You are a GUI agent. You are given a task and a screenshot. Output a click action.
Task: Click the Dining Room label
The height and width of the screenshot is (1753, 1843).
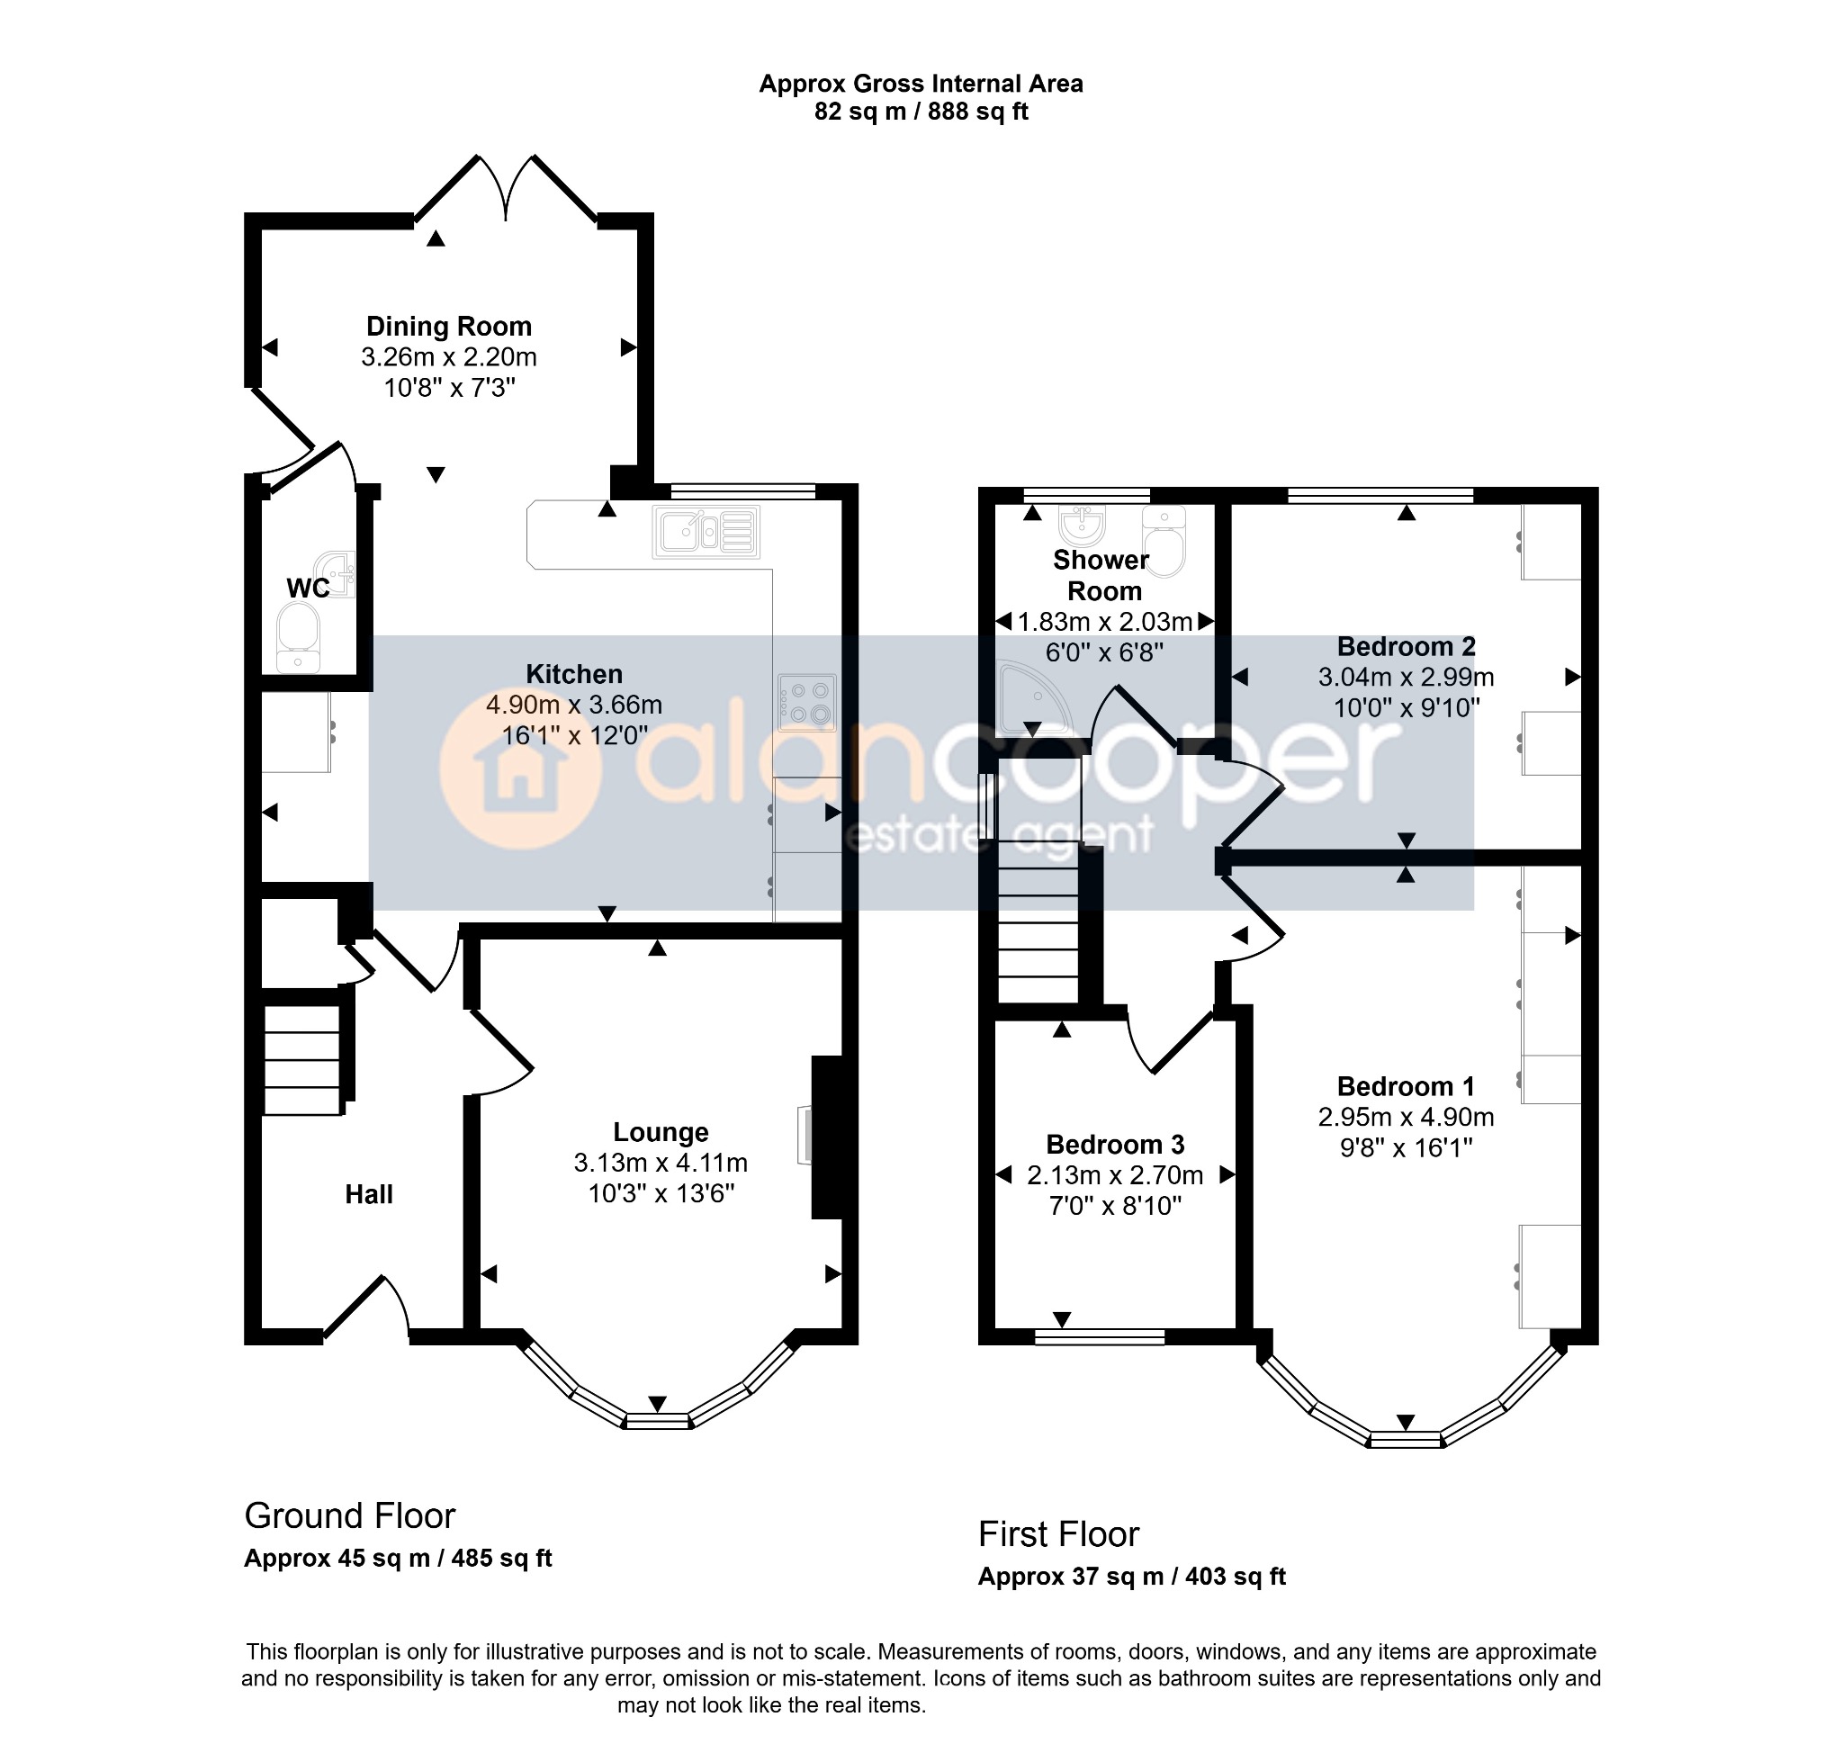coord(448,326)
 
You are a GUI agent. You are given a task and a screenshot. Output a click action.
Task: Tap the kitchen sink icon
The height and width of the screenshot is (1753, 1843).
coord(706,532)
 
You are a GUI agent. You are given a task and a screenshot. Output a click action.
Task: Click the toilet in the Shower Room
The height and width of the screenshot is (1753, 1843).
coord(1164,540)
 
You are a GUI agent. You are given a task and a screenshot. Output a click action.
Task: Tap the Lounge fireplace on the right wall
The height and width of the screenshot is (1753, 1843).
coord(826,1137)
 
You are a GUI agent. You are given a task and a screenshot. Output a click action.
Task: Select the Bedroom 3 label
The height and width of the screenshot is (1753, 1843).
coord(1115,1144)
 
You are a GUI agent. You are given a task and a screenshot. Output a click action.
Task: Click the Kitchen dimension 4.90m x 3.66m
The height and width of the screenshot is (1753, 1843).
coord(574,704)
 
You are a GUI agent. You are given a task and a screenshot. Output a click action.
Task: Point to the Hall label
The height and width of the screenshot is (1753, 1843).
coord(369,1193)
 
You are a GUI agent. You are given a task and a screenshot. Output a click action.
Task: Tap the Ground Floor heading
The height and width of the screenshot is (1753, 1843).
coord(349,1515)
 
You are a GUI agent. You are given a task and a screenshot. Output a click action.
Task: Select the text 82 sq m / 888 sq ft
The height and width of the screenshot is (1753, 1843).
coord(921,112)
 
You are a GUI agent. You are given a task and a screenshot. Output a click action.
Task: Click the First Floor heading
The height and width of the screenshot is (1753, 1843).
coord(1058,1534)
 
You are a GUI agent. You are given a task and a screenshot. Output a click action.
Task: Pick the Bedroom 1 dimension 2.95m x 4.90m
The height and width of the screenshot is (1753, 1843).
coord(1406,1117)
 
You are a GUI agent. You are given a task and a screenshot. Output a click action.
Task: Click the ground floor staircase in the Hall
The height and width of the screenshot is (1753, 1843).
coord(301,1060)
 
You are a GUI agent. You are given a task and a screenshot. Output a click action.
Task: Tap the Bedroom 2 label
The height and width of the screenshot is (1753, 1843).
coord(1406,646)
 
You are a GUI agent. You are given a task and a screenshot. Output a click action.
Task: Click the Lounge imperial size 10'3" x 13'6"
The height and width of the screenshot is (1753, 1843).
coord(661,1193)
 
